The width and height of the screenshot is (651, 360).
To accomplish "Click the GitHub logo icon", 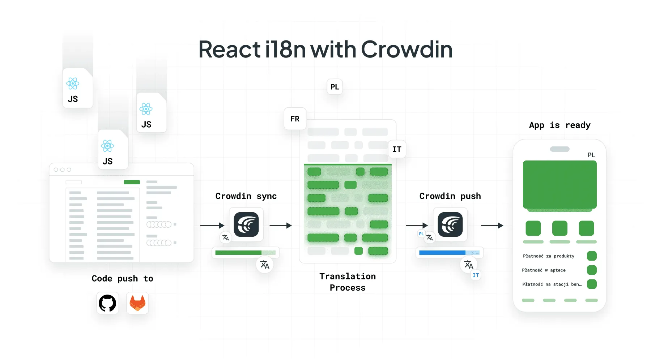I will [107, 303].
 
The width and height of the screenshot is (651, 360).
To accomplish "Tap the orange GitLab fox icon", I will [137, 303].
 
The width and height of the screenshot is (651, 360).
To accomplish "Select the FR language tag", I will [295, 119].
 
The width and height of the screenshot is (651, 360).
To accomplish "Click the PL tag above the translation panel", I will [335, 87].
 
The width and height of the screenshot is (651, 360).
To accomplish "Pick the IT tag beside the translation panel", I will [397, 149].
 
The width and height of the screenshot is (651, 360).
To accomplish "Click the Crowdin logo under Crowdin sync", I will [246, 224].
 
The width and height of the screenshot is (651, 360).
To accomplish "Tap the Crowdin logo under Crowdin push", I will [450, 224].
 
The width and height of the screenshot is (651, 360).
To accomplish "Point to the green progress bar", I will [239, 253].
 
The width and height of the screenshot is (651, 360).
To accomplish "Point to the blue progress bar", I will [442, 253].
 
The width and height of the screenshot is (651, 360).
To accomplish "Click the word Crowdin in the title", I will [407, 50].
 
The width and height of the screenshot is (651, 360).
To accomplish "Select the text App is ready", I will [559, 125].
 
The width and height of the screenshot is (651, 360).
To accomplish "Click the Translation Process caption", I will [348, 282].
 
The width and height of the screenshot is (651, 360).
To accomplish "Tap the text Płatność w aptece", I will [544, 270].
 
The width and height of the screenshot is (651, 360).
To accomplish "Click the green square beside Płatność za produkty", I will [592, 256].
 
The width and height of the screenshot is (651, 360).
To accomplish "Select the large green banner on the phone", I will [559, 185].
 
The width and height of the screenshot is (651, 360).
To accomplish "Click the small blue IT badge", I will [476, 275].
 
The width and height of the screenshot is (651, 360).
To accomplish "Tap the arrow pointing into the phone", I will [492, 226].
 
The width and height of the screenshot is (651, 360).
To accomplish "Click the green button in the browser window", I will [132, 182].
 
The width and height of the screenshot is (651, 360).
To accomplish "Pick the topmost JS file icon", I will [78, 88].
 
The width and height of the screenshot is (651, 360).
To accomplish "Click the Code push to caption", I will [122, 279].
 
